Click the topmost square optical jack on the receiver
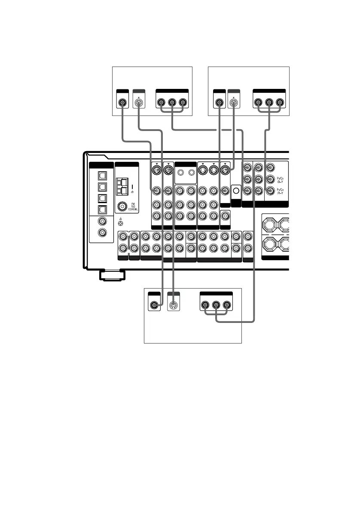pos(102,176)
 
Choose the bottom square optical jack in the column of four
pos(102,210)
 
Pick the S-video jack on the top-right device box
pos(233,103)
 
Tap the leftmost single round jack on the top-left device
pos(123,103)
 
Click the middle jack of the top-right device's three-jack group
pos(269,103)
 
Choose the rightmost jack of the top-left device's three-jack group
pos(183,103)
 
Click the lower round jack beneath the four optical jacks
pos(102,233)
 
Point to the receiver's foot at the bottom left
pos(111,274)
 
